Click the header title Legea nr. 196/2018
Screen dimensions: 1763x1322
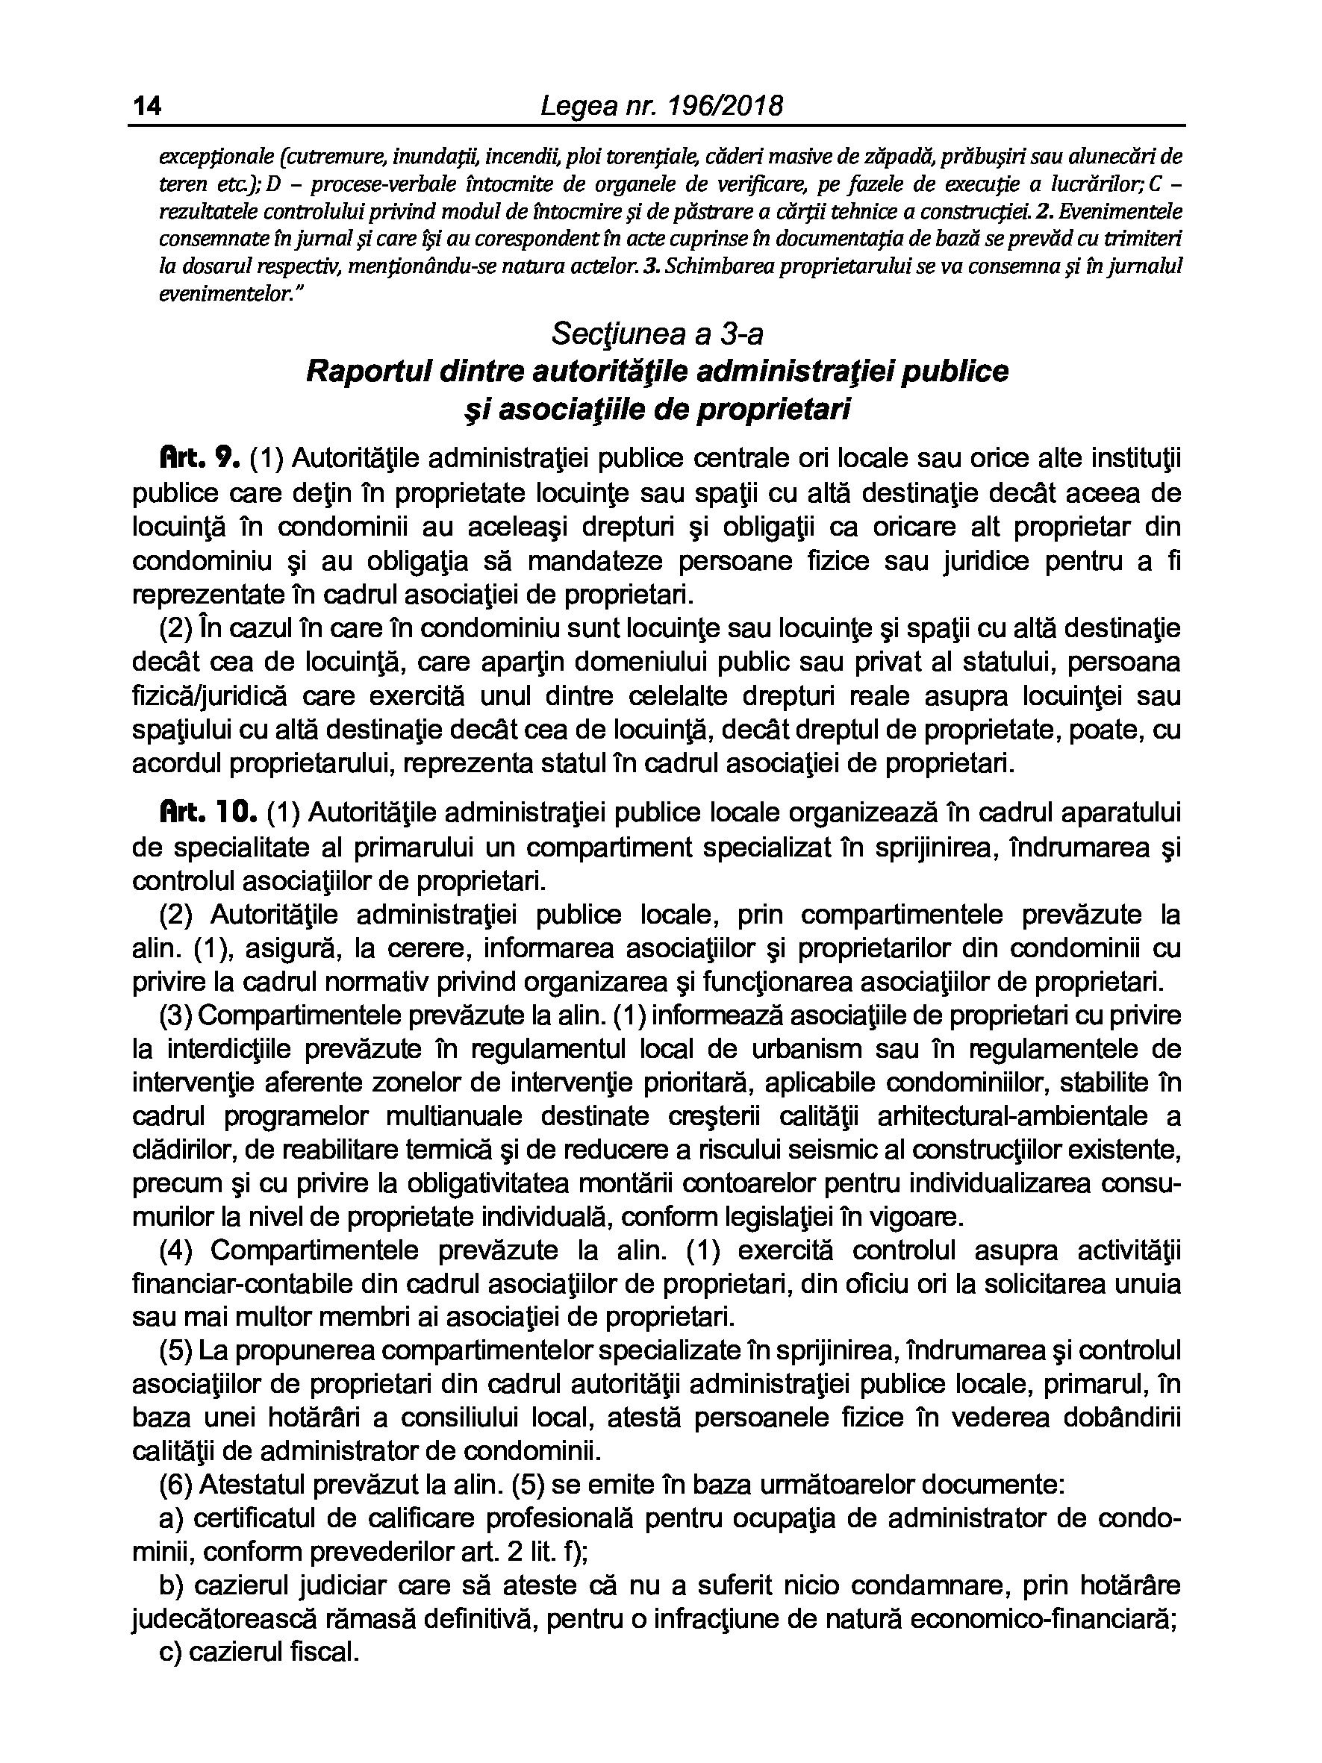click(661, 106)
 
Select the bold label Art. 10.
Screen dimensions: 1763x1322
click(208, 813)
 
